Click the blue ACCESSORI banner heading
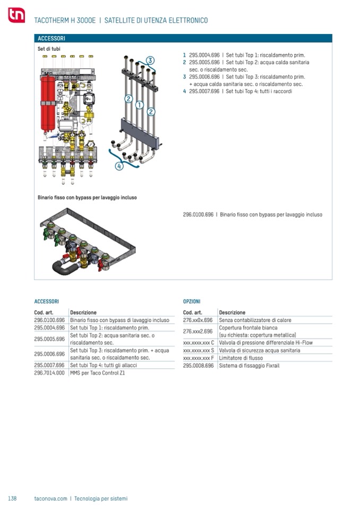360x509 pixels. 52,39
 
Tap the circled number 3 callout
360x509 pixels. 150,60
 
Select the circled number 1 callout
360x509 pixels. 139,105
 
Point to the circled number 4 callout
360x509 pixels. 119,166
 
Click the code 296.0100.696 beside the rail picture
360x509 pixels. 198,214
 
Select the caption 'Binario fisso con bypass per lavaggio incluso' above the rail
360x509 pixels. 87,197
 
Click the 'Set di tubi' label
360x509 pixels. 49,49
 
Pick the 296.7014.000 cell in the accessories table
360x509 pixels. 49,373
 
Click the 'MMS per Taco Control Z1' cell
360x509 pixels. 98,373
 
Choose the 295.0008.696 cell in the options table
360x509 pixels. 198,366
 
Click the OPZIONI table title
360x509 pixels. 191,301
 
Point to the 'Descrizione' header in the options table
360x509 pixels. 232,313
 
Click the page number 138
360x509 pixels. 12,498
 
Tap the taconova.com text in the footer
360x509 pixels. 50,498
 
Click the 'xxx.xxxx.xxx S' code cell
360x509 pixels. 199,350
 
